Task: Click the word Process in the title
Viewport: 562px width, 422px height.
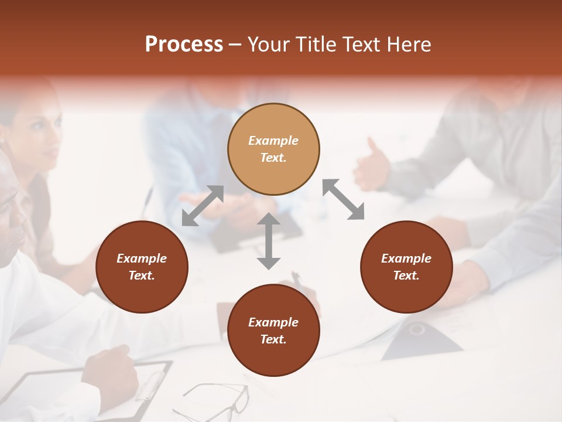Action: [x=184, y=45]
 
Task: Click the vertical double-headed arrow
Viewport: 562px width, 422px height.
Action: [x=269, y=241]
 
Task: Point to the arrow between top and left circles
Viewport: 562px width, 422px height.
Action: [x=203, y=206]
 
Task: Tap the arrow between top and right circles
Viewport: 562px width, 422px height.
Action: [x=343, y=199]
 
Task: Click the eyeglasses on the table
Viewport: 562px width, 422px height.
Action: [x=214, y=400]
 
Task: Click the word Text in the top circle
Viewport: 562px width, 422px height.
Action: [x=273, y=158]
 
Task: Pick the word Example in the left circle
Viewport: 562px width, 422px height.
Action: [x=142, y=258]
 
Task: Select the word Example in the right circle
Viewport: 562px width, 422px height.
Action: [x=406, y=258]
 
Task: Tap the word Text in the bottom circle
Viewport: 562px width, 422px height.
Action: [x=273, y=339]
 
